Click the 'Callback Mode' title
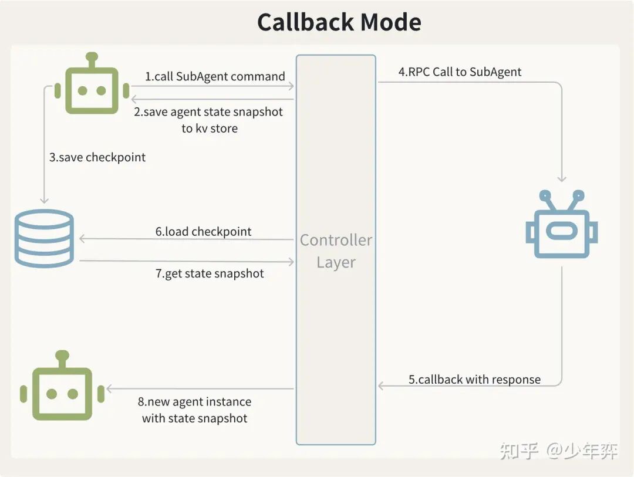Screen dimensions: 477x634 (x=339, y=22)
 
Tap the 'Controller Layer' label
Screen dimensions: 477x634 (x=336, y=251)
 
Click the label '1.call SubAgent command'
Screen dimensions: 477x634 (x=215, y=76)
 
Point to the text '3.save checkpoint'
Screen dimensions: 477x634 (x=97, y=157)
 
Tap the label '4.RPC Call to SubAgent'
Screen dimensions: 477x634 (x=460, y=72)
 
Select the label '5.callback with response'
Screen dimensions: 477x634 (x=474, y=379)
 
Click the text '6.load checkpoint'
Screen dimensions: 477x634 (x=203, y=231)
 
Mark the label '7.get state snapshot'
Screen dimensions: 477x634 (x=210, y=273)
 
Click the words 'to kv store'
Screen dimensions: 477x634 (x=210, y=128)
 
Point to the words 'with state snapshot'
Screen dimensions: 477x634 (x=194, y=418)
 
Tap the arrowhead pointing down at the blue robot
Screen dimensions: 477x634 (x=562, y=178)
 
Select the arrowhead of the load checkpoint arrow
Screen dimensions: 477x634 (x=82, y=239)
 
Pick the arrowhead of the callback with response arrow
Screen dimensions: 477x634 (x=381, y=385)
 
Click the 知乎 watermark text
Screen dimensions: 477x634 (x=519, y=451)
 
